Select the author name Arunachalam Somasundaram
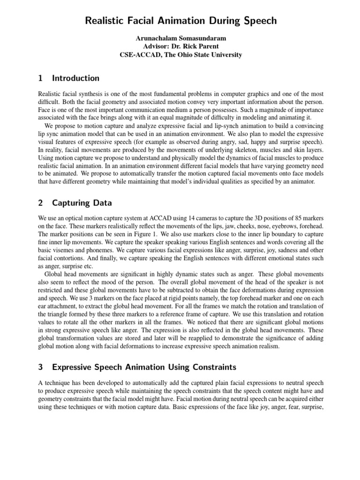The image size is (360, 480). tap(180, 38)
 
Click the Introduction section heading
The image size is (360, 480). tap(75, 78)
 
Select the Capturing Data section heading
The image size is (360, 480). tap(82, 203)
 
